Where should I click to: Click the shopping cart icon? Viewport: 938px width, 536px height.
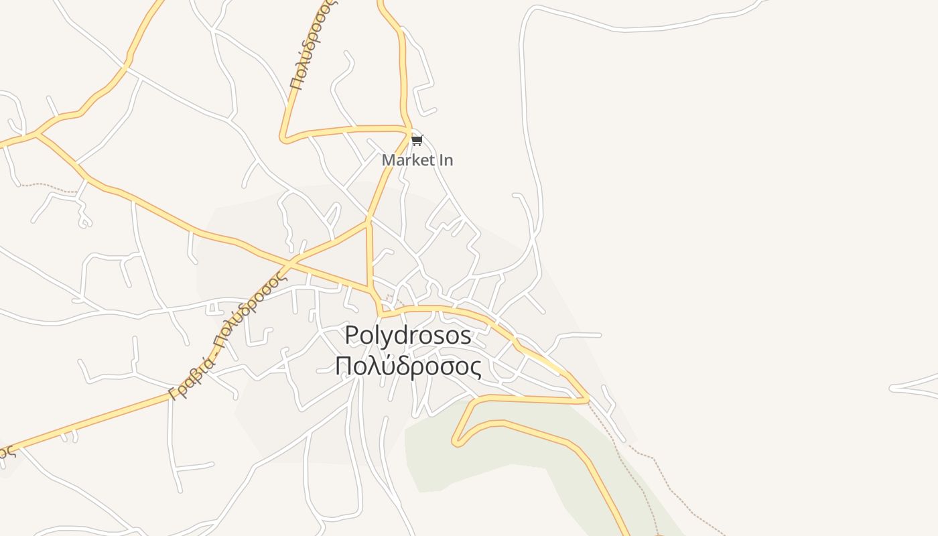[x=417, y=140]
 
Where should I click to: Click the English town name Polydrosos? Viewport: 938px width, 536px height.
[x=408, y=335]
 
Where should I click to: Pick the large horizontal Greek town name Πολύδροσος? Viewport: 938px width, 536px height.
[x=408, y=366]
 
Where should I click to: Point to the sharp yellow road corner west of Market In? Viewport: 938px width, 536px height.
[x=284, y=139]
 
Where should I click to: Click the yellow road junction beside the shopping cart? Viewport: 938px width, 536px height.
[x=409, y=131]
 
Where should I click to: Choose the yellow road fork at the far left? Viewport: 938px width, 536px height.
[x=38, y=134]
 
